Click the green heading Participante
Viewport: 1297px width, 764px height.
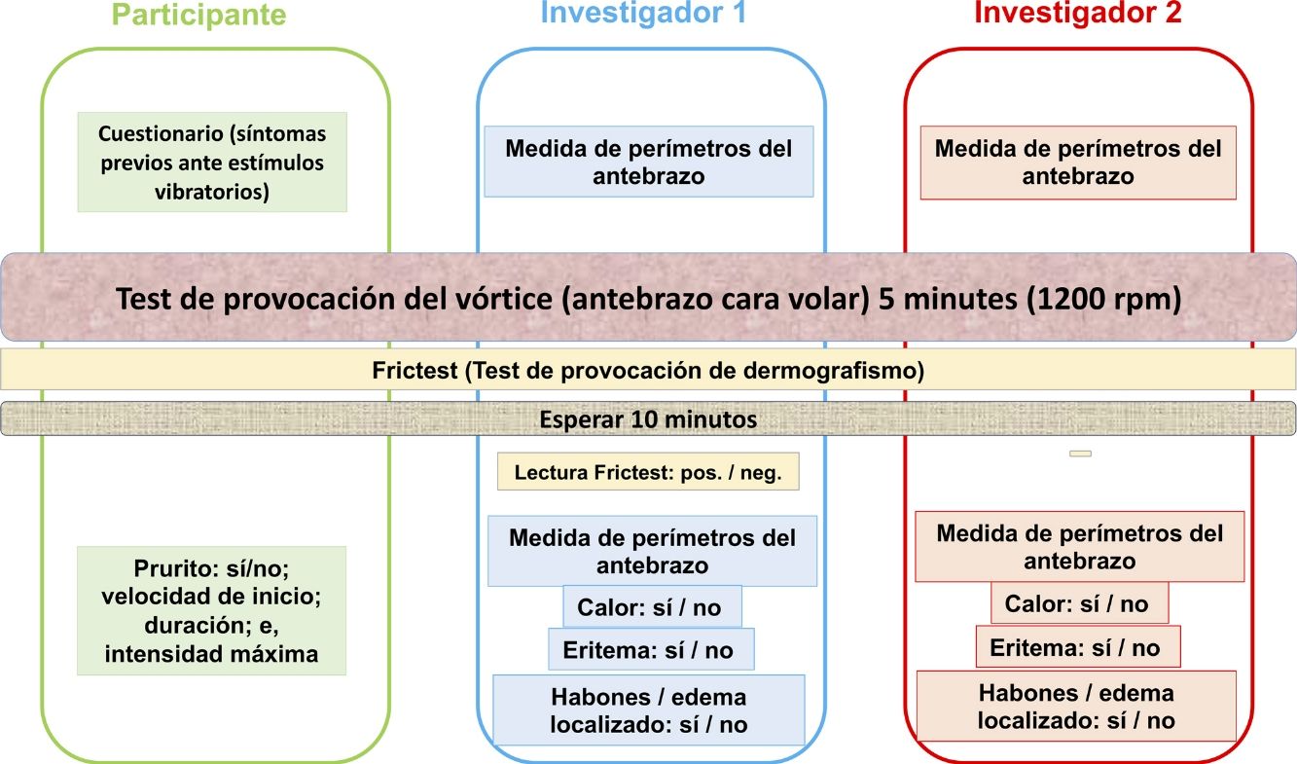(198, 15)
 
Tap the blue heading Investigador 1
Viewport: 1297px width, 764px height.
(643, 13)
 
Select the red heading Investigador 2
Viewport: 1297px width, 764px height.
(1077, 13)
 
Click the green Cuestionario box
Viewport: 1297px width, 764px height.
(212, 163)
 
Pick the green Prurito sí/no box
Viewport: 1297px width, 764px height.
(211, 611)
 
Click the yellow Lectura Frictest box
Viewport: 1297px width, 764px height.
(647, 472)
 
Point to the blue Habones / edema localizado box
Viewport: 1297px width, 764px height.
(649, 710)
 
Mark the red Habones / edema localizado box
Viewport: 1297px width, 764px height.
(1076, 707)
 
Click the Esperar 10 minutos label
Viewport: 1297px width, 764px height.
(648, 420)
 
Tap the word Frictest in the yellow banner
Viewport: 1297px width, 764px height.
(409, 371)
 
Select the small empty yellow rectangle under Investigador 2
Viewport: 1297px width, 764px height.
(1080, 454)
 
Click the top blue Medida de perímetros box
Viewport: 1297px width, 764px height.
(649, 162)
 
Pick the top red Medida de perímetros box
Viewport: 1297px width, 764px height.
(1078, 163)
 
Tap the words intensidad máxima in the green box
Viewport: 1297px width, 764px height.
(211, 654)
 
